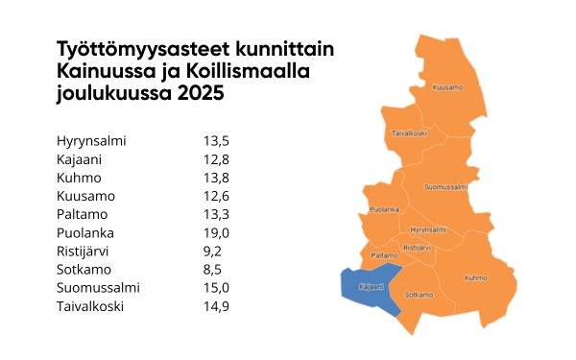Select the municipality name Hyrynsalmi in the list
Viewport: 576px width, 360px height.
pos(92,141)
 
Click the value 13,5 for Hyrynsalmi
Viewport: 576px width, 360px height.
pos(216,141)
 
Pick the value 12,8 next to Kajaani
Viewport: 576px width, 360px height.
pos(216,159)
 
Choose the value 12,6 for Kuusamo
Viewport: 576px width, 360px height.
pos(216,196)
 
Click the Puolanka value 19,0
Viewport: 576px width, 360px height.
pos(216,233)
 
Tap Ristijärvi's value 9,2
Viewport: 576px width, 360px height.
pos(211,252)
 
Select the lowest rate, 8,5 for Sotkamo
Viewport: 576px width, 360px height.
pos(211,270)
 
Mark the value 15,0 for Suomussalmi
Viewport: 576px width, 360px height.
pos(216,288)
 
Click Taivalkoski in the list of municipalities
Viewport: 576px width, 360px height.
pos(91,306)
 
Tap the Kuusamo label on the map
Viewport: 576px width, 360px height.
pos(447,87)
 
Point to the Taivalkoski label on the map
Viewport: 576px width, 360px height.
pos(409,133)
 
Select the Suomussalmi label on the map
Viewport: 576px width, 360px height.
pos(446,185)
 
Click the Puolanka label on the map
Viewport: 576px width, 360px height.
pos(384,208)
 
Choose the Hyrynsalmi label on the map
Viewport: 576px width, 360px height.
pos(427,230)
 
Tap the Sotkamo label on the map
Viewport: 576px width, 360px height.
pos(418,294)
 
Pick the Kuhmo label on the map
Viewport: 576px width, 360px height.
pos(476,277)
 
